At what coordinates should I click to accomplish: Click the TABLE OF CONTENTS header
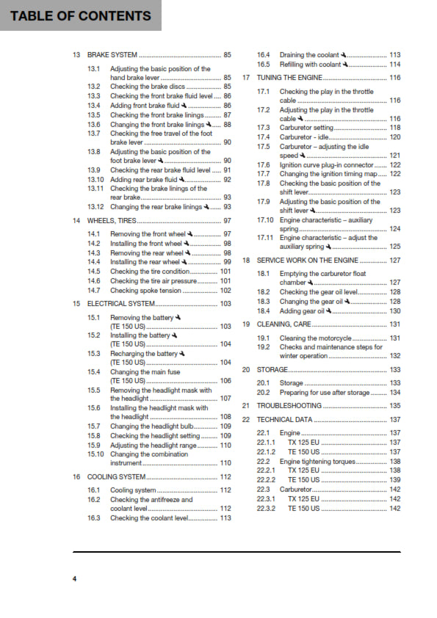click(x=81, y=15)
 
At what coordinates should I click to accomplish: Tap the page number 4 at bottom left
click(x=74, y=580)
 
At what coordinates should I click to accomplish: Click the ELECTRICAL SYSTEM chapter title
click(x=121, y=303)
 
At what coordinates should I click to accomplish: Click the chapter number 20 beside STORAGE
click(x=247, y=370)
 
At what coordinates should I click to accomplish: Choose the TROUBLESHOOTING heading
click(x=289, y=405)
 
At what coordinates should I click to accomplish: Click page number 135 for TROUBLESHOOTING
click(x=394, y=406)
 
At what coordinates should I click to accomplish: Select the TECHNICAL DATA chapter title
click(x=284, y=420)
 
